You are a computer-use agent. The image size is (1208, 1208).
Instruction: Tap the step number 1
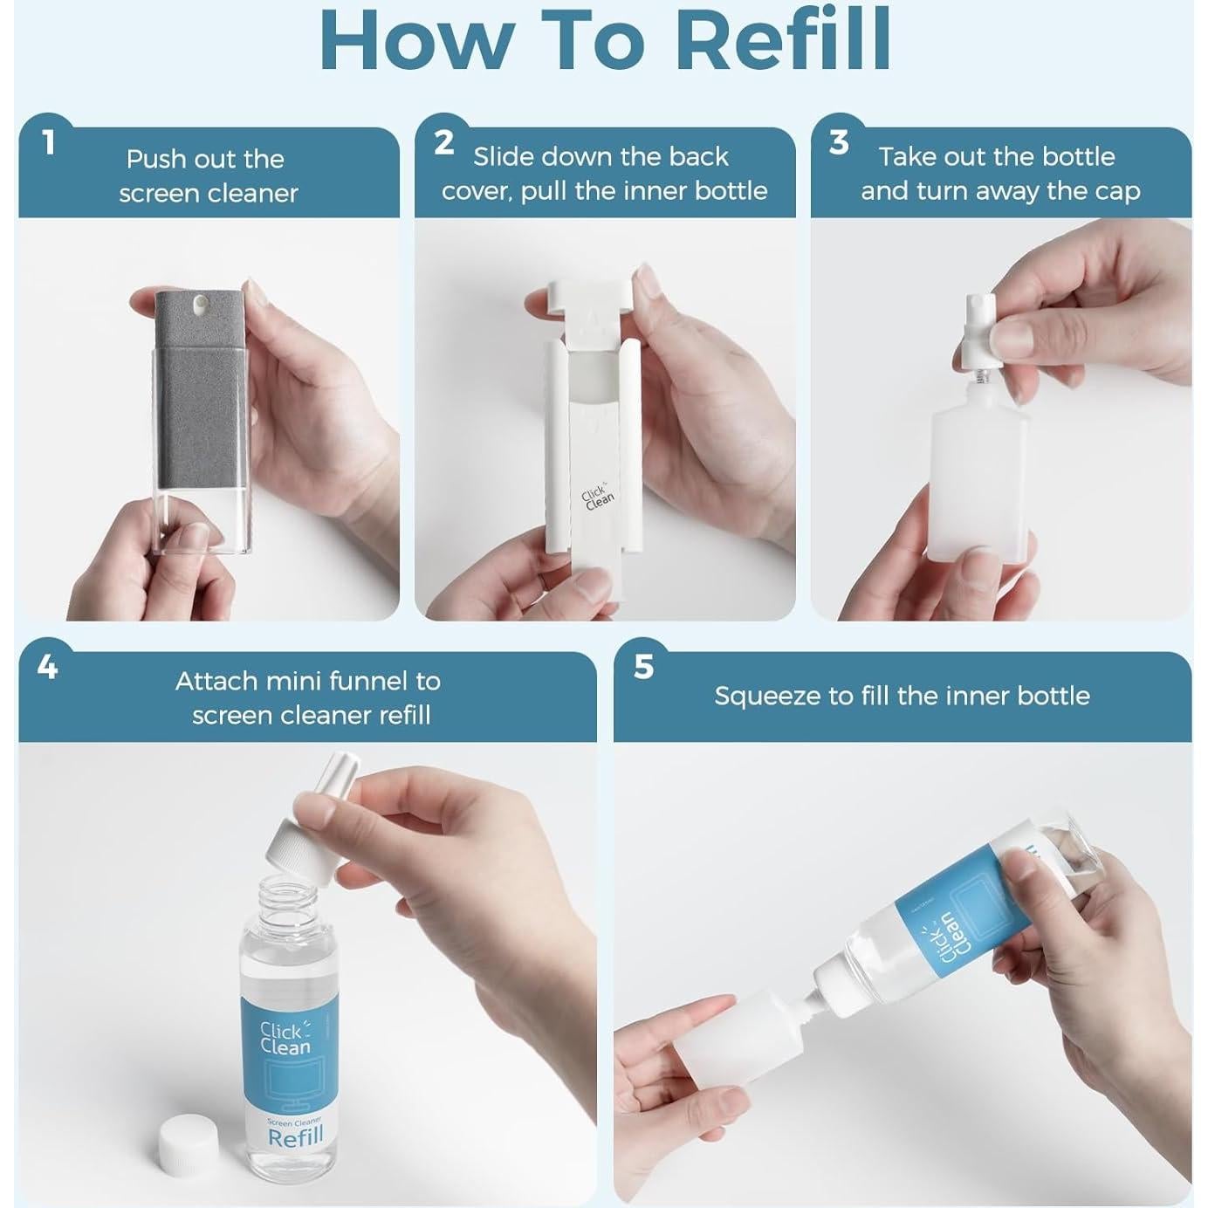point(48,143)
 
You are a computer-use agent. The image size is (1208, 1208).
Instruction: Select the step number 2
point(443,143)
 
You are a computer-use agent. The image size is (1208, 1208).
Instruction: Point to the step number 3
point(839,143)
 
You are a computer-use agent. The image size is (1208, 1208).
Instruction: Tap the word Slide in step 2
point(504,157)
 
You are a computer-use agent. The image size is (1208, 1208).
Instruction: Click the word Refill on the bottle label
point(295,1136)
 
